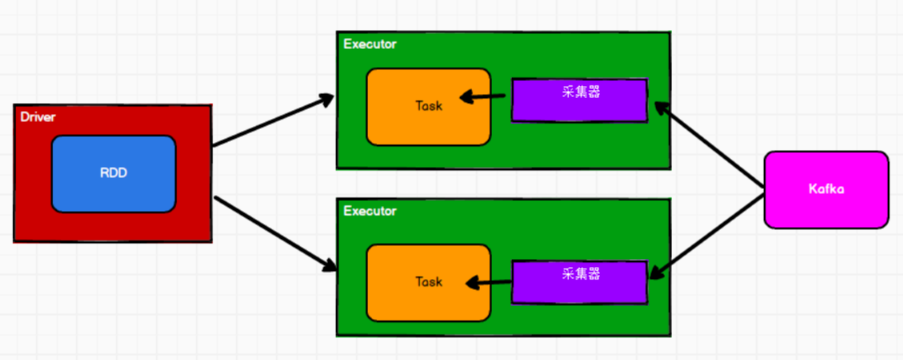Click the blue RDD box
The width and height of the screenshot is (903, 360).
tap(113, 174)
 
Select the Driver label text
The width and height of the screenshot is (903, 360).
tap(38, 117)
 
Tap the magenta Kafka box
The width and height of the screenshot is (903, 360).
tap(826, 190)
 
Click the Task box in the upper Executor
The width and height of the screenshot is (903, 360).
tap(428, 106)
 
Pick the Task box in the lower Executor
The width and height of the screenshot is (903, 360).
tap(428, 282)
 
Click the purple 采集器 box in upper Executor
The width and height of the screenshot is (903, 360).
tap(579, 101)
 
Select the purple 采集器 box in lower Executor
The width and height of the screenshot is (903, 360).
tap(579, 282)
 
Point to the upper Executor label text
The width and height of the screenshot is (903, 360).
tap(370, 44)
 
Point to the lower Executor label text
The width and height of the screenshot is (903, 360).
tap(370, 211)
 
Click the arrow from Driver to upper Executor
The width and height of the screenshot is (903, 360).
tap(272, 121)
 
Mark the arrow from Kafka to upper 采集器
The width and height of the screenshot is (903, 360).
tap(709, 147)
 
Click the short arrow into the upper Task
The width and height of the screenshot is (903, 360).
tap(485, 98)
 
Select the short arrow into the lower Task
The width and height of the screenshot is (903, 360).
tap(489, 282)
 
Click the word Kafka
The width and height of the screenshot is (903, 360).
tap(826, 190)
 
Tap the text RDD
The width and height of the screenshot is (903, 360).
tap(113, 173)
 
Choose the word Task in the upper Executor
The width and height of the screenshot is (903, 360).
tap(429, 106)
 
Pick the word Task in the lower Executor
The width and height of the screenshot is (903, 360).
tap(429, 282)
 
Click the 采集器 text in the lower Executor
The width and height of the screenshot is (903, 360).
tap(581, 274)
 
